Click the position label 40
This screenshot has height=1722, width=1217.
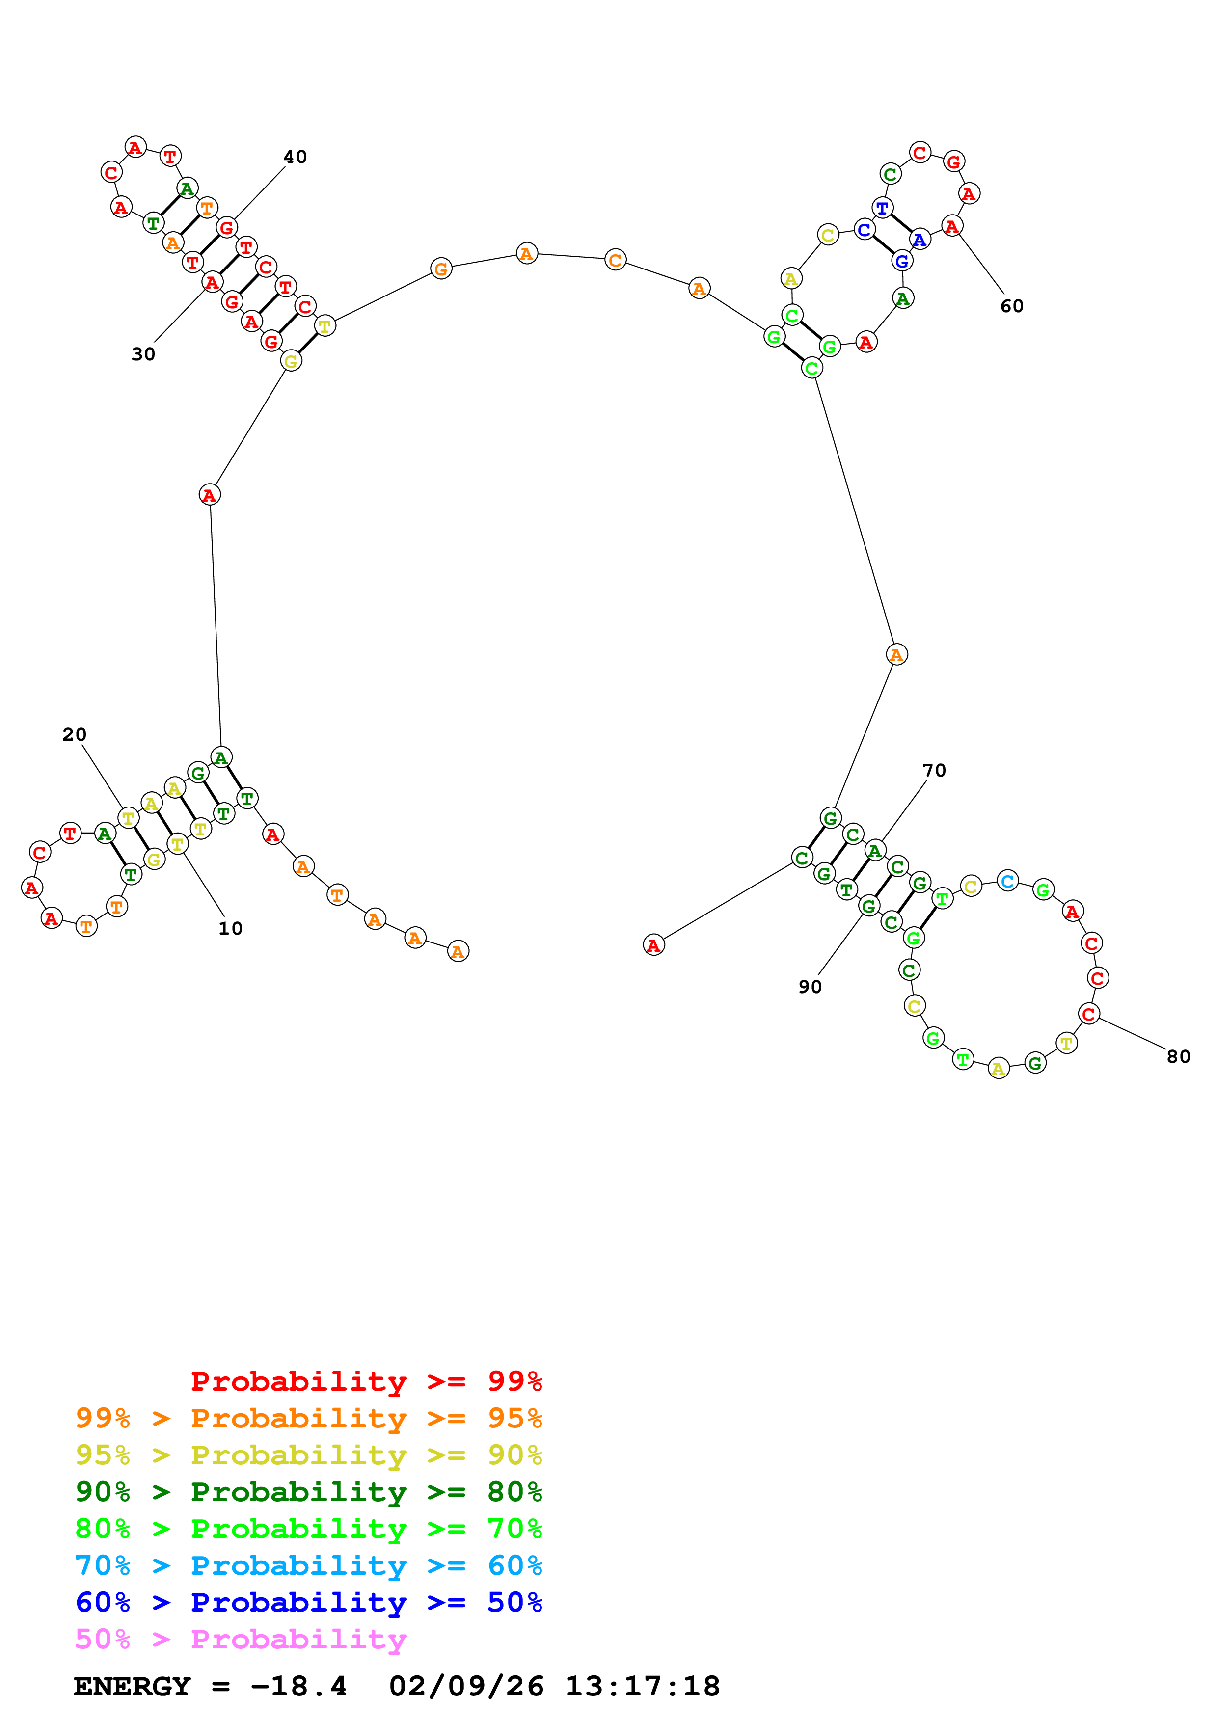click(x=295, y=157)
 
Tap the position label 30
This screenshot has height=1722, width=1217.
click(x=143, y=354)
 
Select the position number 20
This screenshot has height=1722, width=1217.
click(x=74, y=734)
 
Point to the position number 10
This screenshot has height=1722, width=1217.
click(x=230, y=929)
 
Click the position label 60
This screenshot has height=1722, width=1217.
click(x=1011, y=306)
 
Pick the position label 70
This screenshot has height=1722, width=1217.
click(x=934, y=770)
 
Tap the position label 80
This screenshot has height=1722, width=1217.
click(x=1178, y=1057)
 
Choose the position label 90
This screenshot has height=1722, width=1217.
click(x=810, y=987)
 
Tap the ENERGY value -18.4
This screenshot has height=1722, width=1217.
click(x=298, y=1687)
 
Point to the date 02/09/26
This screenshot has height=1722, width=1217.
click(x=466, y=1687)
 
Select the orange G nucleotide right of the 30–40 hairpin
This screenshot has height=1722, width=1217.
click(x=441, y=269)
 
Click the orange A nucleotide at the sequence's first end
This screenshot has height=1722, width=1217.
click(x=458, y=951)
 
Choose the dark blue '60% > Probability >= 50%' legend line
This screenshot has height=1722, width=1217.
click(x=308, y=1602)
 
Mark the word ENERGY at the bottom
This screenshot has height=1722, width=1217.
click(x=132, y=1687)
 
